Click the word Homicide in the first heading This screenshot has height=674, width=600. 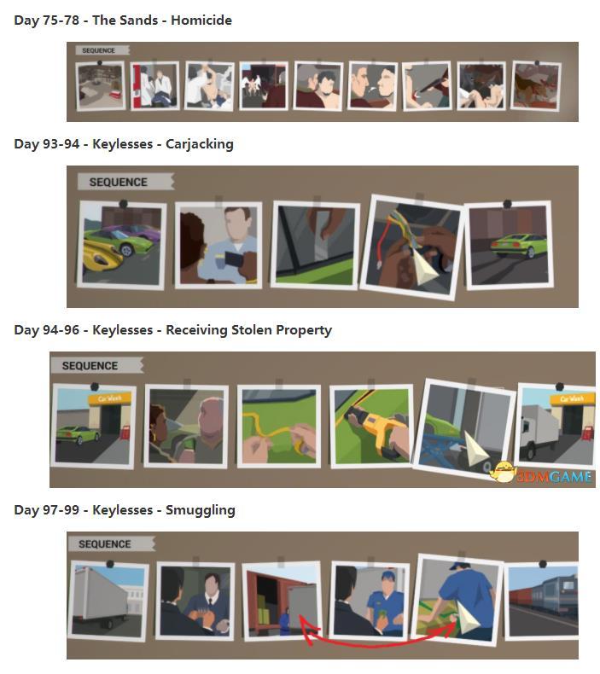201,20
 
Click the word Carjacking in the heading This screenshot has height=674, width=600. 200,144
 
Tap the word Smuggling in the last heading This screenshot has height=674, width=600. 201,510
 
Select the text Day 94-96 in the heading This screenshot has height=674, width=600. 46,330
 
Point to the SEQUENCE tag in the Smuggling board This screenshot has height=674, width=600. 111,544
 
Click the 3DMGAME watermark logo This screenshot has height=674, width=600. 542,474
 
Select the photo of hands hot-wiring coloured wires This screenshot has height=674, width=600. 411,247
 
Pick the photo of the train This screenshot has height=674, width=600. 543,601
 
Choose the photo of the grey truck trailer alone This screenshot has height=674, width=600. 108,600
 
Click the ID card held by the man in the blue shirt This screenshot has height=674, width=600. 235,259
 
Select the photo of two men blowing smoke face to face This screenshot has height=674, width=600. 372,85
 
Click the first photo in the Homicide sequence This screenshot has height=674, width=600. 100,85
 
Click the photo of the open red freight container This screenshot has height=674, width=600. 283,600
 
